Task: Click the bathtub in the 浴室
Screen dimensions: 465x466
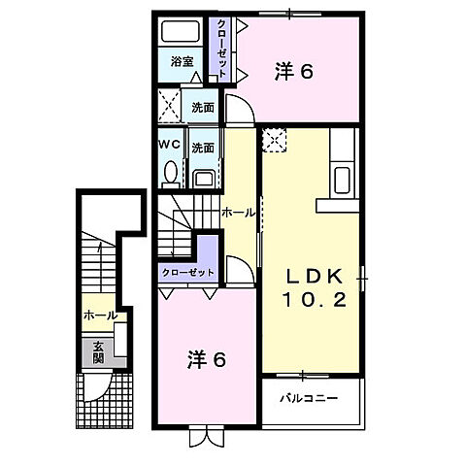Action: tap(180, 31)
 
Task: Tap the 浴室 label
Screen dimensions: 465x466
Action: tap(183, 61)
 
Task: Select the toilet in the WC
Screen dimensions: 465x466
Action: tap(171, 175)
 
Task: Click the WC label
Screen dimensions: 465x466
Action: tap(169, 145)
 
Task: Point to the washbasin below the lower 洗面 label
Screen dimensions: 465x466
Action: tap(204, 179)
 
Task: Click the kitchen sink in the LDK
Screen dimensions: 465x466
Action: tap(342, 180)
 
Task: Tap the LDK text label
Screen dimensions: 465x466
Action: tap(314, 277)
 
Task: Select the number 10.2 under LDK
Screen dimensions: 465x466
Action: tap(315, 300)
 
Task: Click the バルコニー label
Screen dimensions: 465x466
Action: tap(309, 398)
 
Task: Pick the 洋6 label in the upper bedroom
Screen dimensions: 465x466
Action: tap(294, 72)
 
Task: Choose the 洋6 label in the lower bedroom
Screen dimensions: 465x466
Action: tap(206, 360)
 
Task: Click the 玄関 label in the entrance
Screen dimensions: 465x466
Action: tap(98, 352)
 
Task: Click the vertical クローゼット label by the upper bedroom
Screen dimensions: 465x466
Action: tap(221, 49)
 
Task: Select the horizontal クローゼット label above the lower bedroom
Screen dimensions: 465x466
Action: tap(188, 273)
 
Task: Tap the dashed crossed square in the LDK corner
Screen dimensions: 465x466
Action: tap(275, 140)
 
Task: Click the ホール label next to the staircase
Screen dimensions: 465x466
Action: tap(239, 213)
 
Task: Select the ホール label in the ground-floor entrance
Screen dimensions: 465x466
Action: tap(100, 316)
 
